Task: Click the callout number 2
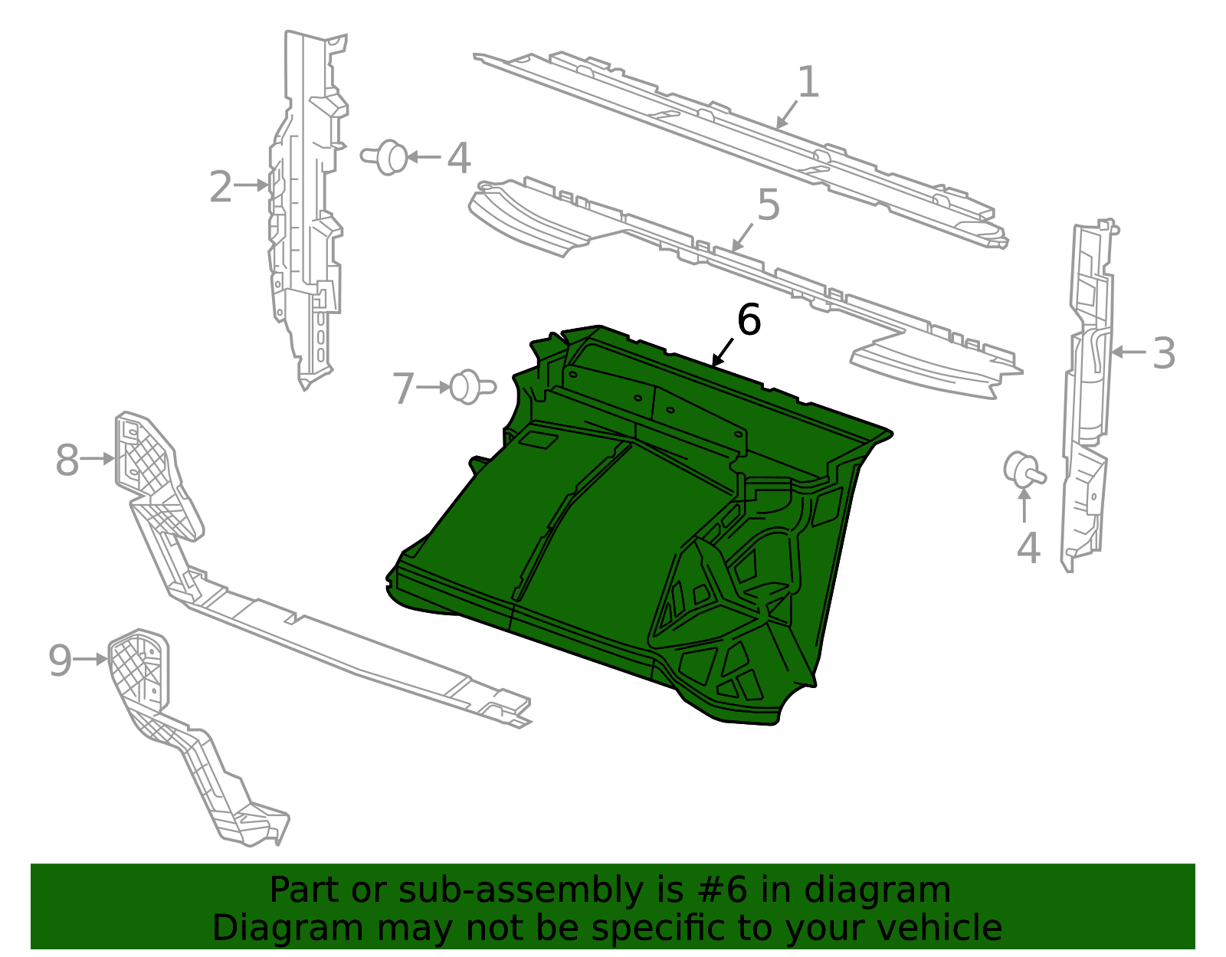tap(221, 188)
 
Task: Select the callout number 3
tap(1164, 354)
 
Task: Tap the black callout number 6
tap(749, 320)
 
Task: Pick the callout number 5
tap(769, 205)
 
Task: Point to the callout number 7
tap(403, 388)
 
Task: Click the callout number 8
tap(67, 460)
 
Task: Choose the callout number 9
tap(60, 660)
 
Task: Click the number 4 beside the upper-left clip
tap(458, 159)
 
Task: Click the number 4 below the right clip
tap(1028, 549)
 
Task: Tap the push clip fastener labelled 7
tap(471, 386)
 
